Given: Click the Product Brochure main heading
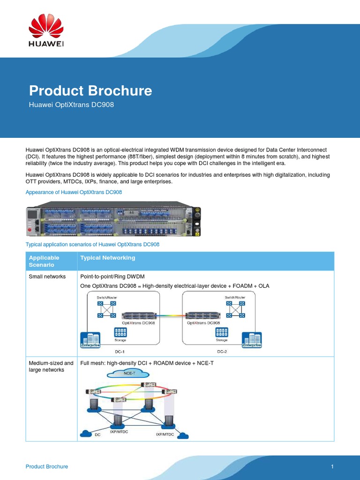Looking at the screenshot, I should (x=90, y=90).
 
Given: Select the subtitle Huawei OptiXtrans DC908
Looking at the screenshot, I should (x=71, y=105).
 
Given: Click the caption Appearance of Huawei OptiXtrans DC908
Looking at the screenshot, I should (x=74, y=192).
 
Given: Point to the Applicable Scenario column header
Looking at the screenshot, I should (x=44, y=261).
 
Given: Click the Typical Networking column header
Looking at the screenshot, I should (x=108, y=258).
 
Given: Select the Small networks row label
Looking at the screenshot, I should (x=47, y=277).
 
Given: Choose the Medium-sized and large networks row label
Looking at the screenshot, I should (x=51, y=366).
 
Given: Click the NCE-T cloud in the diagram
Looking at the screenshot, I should (x=128, y=374).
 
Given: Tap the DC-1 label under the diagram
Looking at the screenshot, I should (x=120, y=351).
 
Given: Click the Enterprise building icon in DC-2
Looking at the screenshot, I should (x=251, y=340).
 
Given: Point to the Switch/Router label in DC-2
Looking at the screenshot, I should (x=235, y=297).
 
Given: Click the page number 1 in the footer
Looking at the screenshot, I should (x=332, y=466).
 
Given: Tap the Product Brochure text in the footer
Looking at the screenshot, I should (x=46, y=466).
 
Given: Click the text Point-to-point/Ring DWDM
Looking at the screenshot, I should (x=112, y=277).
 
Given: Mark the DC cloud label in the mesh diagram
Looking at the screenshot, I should (x=97, y=435).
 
